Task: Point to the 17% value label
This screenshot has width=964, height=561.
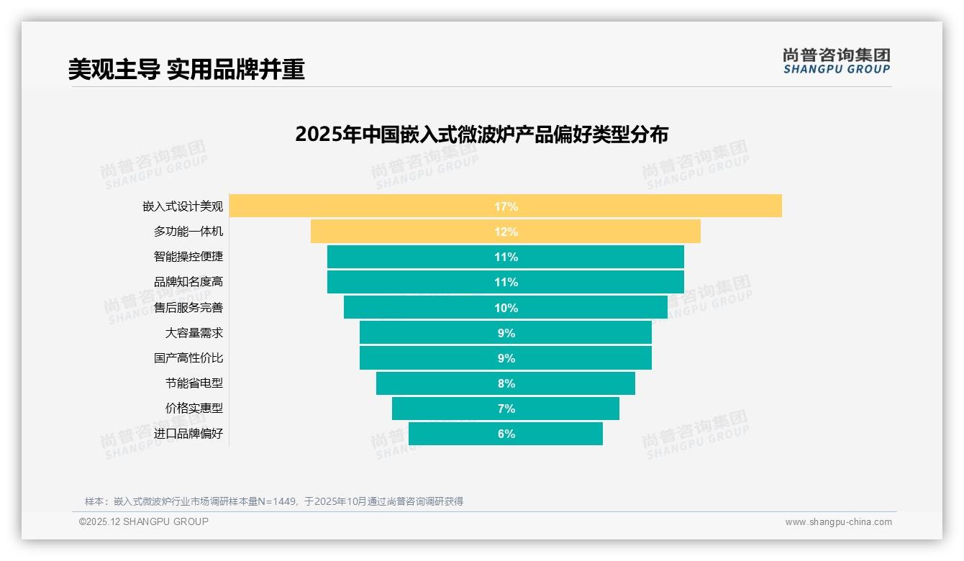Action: pos(506,206)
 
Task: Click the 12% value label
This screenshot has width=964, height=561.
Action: pos(506,232)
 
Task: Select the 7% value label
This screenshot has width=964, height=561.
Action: pos(506,409)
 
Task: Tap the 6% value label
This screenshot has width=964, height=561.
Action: pos(506,434)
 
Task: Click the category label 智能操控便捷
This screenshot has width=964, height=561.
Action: pos(188,256)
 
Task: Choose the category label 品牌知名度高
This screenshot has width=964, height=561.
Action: pos(188,282)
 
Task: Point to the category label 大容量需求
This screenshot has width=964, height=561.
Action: pos(194,333)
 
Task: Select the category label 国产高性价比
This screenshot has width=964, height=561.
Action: pos(188,357)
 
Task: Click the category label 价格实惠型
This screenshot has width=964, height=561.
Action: pos(194,408)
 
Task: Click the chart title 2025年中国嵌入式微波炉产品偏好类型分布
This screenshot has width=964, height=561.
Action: pos(481,134)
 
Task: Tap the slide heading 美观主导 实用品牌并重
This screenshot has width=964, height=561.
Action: pos(186,69)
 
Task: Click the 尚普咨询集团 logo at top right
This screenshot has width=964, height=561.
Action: pos(836,61)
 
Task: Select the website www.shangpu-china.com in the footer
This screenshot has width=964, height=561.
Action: pos(838,522)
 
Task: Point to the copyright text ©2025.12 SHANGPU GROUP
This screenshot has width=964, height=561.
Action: pos(144,521)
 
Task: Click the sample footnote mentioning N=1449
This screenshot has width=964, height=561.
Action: pos(273,501)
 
